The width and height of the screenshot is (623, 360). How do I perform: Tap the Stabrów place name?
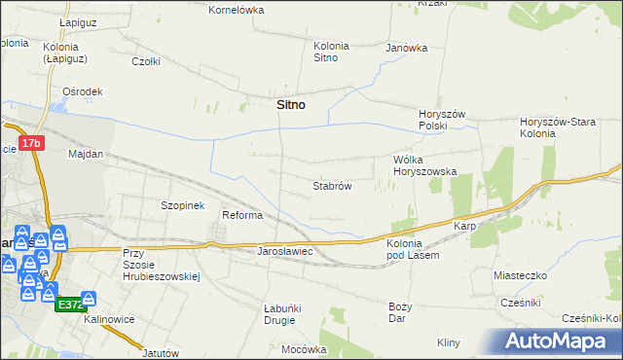click(x=331, y=185)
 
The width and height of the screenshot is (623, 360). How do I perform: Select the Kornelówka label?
click(x=237, y=10)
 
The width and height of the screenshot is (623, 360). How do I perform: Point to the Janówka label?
click(x=406, y=48)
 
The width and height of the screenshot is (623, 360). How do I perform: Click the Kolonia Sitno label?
click(x=339, y=52)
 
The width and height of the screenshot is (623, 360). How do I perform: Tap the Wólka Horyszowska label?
click(x=424, y=164)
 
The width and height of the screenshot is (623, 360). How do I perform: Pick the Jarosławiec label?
click(x=283, y=251)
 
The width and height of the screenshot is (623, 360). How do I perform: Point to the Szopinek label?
click(x=182, y=205)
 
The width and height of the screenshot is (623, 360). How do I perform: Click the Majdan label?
click(x=86, y=154)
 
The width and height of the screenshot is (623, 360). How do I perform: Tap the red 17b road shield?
click(x=31, y=144)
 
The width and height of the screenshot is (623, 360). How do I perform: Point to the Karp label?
click(x=463, y=226)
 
